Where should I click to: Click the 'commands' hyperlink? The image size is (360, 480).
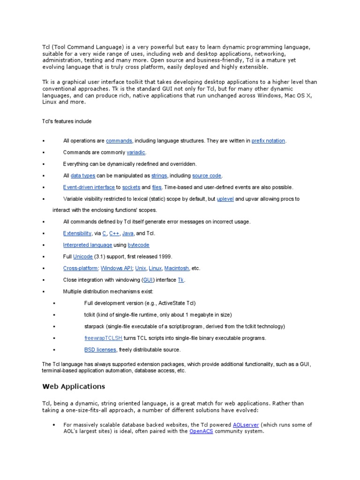(119, 141)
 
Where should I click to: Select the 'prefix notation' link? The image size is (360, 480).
(268, 141)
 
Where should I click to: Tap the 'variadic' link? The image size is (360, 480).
(136, 152)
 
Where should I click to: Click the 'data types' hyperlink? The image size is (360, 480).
(82, 176)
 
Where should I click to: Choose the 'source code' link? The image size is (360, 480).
(206, 176)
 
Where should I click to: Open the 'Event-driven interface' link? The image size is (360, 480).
(89, 187)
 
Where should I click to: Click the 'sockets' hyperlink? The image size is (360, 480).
(131, 187)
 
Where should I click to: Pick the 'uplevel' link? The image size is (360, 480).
(225, 199)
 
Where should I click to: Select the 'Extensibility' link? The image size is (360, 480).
(77, 233)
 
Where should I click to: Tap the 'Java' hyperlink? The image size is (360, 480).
(127, 233)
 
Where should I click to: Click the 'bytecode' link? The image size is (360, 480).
(138, 245)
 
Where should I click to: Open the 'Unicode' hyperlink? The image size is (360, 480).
(83, 257)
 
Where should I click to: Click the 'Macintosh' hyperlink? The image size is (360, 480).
(177, 269)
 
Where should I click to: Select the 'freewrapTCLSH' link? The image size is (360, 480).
(103, 338)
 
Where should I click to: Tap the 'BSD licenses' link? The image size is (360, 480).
(100, 350)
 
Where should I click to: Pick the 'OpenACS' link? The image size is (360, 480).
(201, 431)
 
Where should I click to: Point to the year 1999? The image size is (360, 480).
(166, 257)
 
